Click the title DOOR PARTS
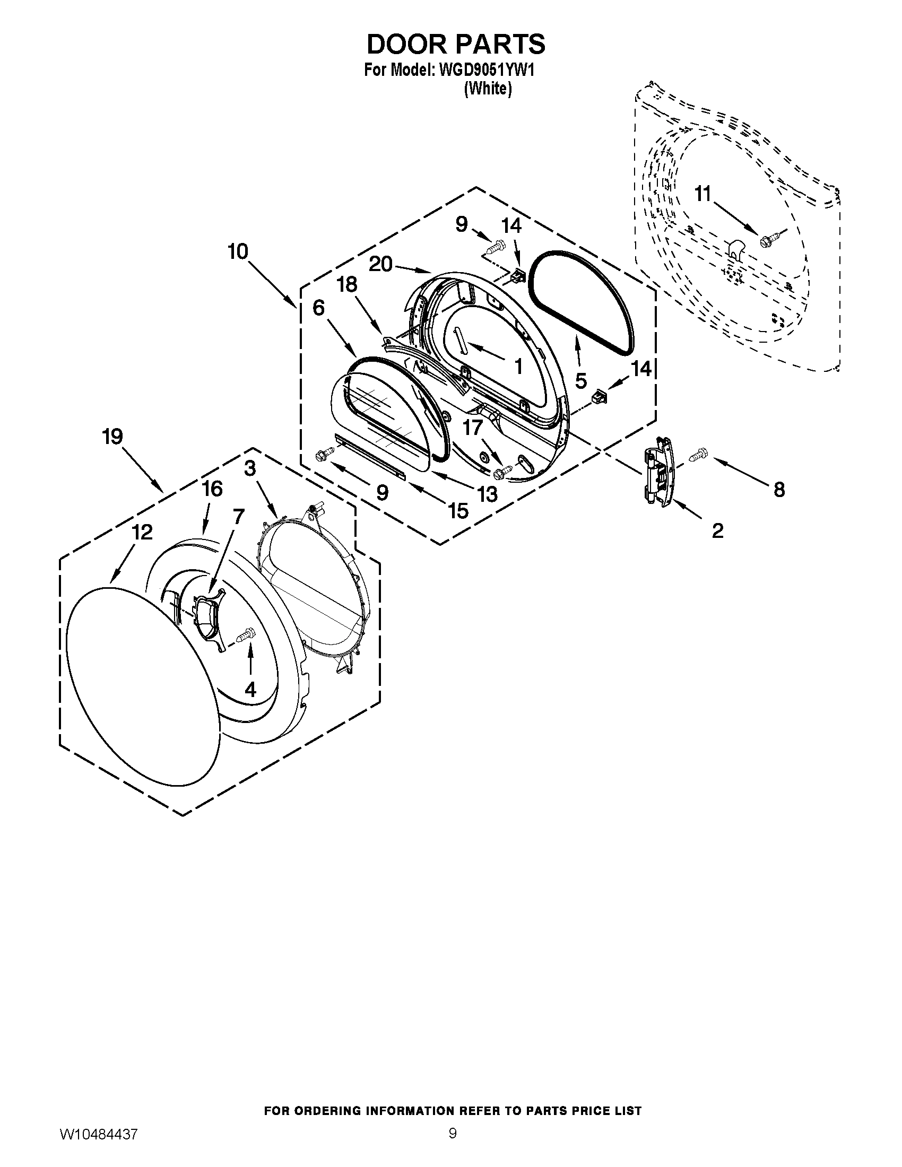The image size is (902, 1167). click(455, 45)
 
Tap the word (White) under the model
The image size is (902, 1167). click(487, 89)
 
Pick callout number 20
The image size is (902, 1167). click(381, 264)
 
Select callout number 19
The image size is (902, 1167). click(112, 437)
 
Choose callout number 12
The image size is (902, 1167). click(143, 532)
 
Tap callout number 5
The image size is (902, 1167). click(581, 380)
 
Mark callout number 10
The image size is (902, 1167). click(238, 251)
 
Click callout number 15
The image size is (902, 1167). click(458, 511)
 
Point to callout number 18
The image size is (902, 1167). click(348, 284)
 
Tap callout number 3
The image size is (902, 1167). click(250, 468)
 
